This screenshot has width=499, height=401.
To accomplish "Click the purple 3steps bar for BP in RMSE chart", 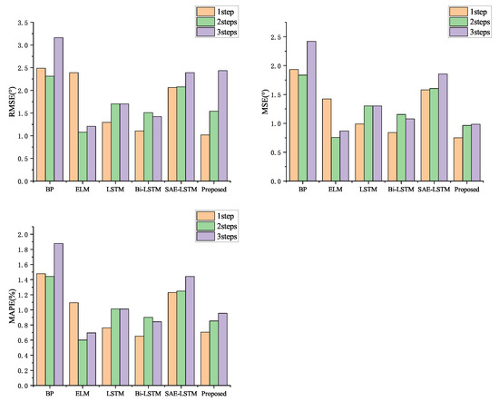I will (x=59, y=109).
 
